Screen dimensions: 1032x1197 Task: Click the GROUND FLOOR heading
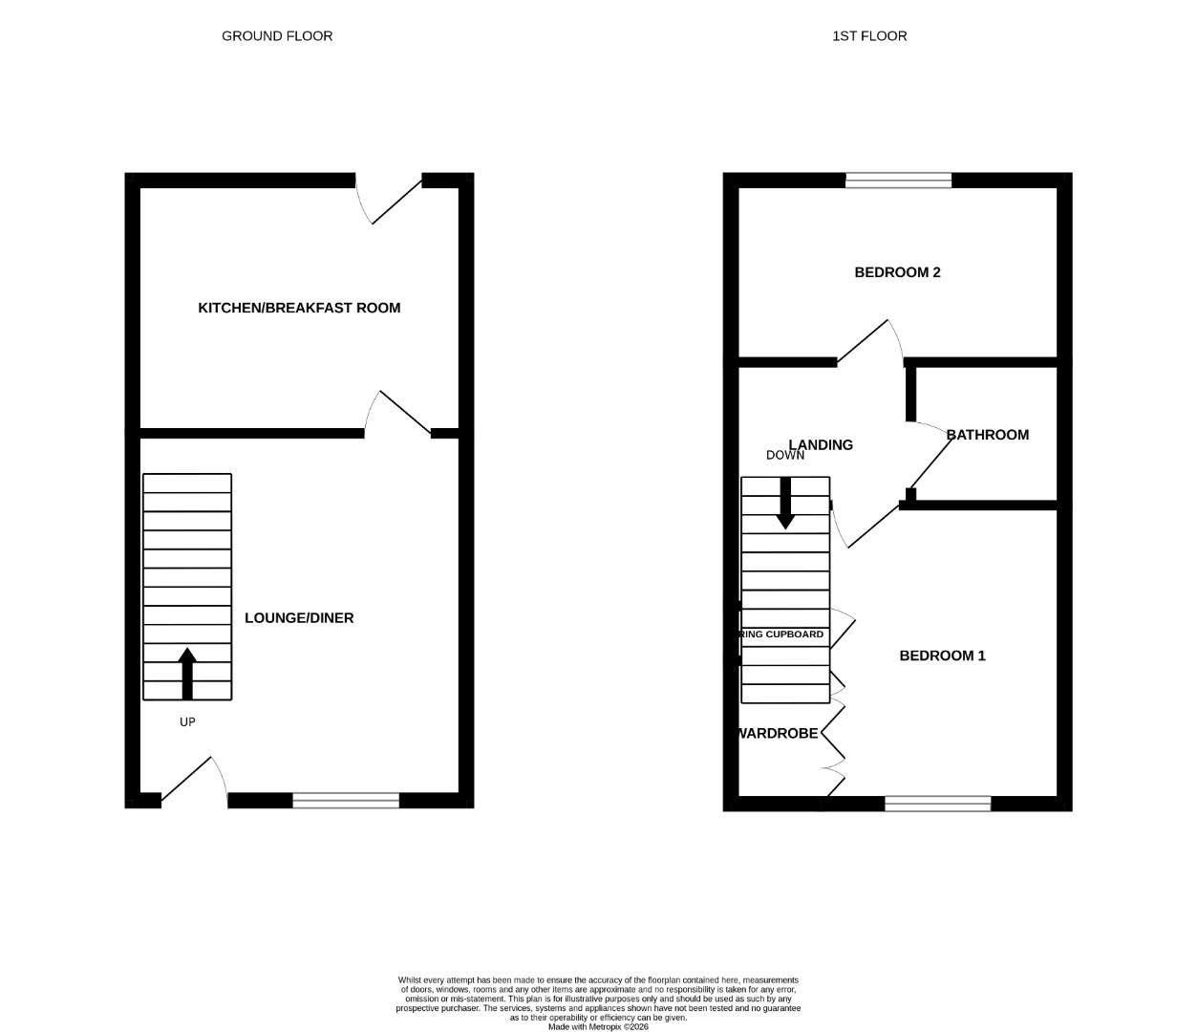click(277, 36)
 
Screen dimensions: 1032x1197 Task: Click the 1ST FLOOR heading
click(869, 36)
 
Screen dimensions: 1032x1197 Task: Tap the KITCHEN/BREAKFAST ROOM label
click(299, 308)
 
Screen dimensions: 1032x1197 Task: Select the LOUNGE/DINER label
click(299, 618)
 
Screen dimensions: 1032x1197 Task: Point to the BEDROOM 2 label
click(897, 272)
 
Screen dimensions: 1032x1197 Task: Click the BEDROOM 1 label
click(942, 656)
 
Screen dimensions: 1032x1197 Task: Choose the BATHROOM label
click(988, 435)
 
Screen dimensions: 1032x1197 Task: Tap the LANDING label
click(821, 445)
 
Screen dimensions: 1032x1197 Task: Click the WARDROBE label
click(777, 734)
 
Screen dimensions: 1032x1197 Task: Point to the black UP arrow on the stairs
click(187, 673)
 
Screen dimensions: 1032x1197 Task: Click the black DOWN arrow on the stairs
click(785, 503)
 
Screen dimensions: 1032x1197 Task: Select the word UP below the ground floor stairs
click(187, 722)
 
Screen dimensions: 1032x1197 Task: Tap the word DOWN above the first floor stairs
click(785, 456)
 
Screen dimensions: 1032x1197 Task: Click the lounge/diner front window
click(346, 801)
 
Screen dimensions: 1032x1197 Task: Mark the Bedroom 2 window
click(899, 181)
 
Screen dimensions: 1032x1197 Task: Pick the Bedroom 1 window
click(938, 804)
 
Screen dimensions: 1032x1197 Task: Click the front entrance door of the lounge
click(188, 780)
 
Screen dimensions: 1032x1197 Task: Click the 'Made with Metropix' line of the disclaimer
click(598, 1027)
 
